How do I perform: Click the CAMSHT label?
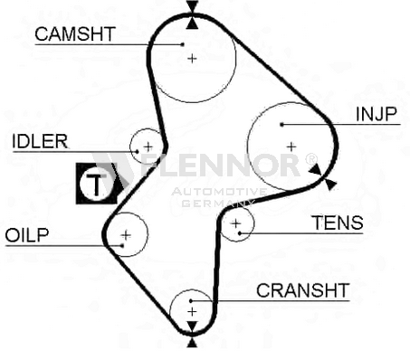pos(75,33)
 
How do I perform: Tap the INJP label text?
pos(376,114)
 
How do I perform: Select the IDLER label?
pos(40,141)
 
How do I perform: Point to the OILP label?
pos(27,235)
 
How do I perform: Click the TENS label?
pos(338,223)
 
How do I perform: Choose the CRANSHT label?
pos(303,290)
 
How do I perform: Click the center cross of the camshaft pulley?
pos(192,58)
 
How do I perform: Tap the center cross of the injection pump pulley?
pos(291,147)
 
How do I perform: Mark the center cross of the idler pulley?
pos(148,147)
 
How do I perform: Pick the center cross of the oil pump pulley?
pos(126,234)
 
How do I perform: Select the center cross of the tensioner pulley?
pos(235,223)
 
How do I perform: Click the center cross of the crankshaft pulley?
pos(192,311)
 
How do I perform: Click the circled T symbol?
pos(96,184)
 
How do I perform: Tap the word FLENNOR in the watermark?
pos(220,166)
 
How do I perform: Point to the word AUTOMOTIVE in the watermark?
pos(219,192)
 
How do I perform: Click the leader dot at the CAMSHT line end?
pos(182,44)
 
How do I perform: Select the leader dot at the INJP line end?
pos(281,124)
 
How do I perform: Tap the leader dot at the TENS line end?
pos(240,233)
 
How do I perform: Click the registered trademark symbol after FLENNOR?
pos(311,158)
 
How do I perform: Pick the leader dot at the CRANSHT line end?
pos(191,300)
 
